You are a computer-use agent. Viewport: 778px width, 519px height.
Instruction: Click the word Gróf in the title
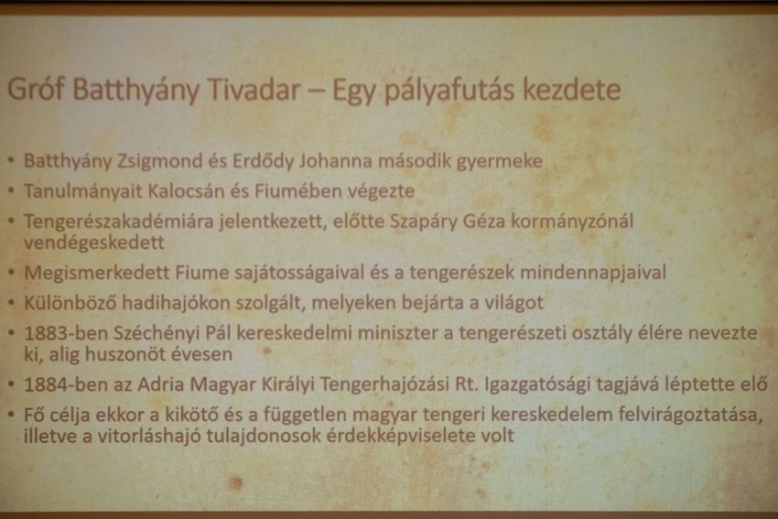pyautogui.click(x=36, y=90)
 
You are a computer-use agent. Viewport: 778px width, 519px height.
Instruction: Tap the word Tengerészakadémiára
pyautogui.click(x=119, y=221)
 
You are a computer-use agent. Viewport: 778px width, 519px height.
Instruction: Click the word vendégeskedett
pyautogui.click(x=94, y=243)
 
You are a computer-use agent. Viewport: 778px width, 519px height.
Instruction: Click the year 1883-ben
pyautogui.click(x=66, y=333)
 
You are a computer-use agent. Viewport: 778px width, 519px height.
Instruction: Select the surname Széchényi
pyautogui.click(x=157, y=333)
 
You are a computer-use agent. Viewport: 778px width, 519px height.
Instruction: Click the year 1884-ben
pyautogui.click(x=66, y=384)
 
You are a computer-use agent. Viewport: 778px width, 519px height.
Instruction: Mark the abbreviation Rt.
pyautogui.click(x=467, y=384)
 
